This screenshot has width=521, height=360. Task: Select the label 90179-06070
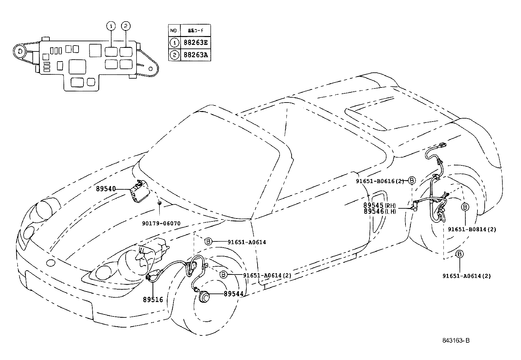[x=161, y=223]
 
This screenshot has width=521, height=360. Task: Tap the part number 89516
[x=153, y=299]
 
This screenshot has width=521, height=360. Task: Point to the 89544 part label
[x=233, y=294]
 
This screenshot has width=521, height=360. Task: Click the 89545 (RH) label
[x=379, y=205]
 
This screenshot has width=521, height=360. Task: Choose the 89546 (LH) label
[x=379, y=211]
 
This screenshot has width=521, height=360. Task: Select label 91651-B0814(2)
[x=472, y=230]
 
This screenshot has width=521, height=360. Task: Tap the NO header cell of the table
[x=174, y=30]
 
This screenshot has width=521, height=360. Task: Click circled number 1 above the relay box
[x=112, y=26]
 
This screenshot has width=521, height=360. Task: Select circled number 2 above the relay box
[x=126, y=26]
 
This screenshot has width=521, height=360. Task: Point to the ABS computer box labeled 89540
[x=139, y=191]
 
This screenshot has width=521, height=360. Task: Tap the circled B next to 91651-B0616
[x=412, y=180]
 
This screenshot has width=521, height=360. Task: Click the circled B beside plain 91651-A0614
[x=208, y=242]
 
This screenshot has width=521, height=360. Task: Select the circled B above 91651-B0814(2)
[x=465, y=207]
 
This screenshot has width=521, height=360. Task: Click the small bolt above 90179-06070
[x=159, y=203]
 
